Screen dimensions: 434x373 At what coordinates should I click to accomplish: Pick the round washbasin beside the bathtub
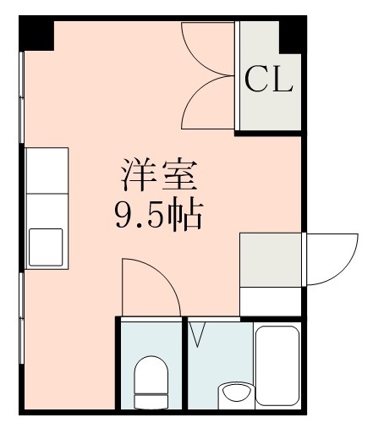234,394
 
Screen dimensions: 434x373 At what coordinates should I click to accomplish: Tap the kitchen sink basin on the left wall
46,246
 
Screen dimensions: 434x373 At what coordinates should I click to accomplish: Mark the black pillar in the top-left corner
37,33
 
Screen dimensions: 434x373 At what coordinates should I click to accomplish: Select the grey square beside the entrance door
271,258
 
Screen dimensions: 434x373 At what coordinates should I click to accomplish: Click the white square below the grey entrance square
271,300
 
